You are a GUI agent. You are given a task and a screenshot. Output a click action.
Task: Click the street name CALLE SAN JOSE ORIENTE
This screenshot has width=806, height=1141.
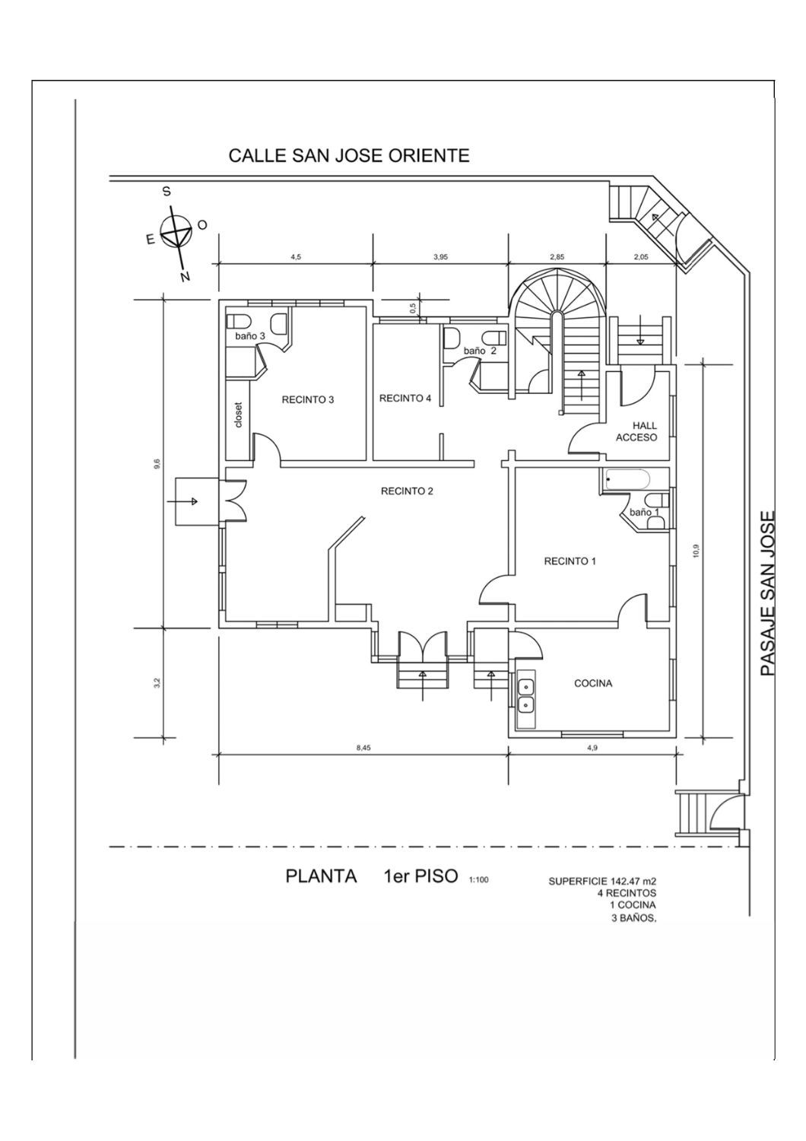[x=349, y=156]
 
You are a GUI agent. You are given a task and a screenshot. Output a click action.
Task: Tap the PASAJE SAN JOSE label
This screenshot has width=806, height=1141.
[x=768, y=593]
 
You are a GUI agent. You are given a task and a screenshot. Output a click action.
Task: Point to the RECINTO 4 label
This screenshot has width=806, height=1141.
[x=405, y=398]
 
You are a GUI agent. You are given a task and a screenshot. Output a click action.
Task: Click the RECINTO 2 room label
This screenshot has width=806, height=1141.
[x=407, y=491]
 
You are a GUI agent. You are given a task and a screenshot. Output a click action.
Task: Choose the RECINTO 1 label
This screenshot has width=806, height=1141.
[x=570, y=561]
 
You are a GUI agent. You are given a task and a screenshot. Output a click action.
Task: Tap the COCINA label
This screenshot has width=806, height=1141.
[x=593, y=683]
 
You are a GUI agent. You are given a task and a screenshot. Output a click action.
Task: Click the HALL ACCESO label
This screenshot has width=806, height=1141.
[x=635, y=432]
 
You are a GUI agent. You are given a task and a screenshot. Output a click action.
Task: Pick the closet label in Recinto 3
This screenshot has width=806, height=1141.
[x=238, y=415]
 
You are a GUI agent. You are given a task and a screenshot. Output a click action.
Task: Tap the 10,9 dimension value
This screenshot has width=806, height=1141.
[x=696, y=551]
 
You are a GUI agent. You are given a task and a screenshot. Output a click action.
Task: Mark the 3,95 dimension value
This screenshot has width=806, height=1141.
[x=440, y=257]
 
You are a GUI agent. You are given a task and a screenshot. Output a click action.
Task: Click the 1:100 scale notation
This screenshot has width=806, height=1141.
[x=478, y=880]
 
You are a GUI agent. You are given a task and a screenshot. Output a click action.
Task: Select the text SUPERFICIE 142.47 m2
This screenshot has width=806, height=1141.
[x=601, y=882]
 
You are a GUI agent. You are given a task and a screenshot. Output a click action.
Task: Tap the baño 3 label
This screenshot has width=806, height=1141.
[x=249, y=335]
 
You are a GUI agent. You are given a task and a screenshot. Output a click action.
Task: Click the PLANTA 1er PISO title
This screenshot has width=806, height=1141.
[x=371, y=876]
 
